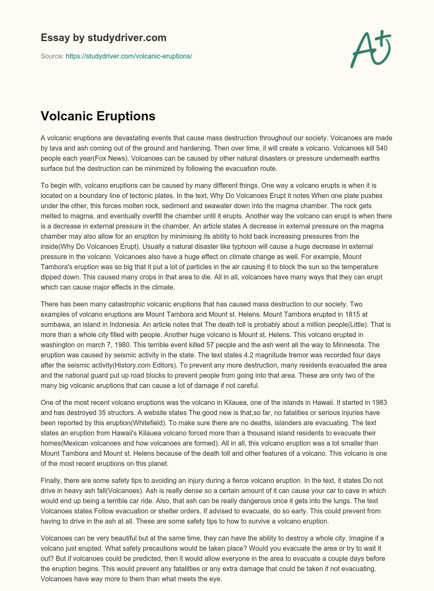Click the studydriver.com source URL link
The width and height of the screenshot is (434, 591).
129,56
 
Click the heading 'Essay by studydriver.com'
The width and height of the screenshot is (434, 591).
103,38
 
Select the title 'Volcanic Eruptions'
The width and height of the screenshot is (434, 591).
98,116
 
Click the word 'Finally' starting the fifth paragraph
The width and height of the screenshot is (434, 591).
51,480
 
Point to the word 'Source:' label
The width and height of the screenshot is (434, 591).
52,56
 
